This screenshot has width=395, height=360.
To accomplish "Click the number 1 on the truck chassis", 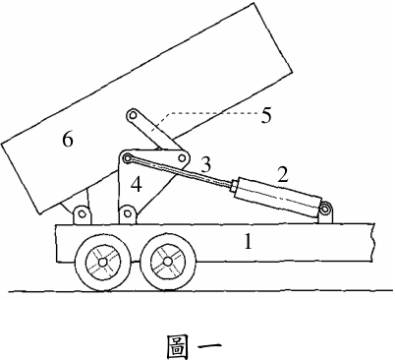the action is (x=248, y=242).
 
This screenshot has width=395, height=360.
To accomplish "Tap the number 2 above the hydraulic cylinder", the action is (x=283, y=174).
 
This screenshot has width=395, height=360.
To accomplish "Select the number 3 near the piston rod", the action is (x=205, y=164).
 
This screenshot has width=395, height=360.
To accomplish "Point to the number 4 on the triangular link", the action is (x=136, y=185).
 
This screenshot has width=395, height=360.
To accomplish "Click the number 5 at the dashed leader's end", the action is (x=266, y=115).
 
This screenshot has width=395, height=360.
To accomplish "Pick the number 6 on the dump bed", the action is (x=68, y=140).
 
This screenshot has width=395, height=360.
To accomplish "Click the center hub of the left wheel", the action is (x=102, y=263).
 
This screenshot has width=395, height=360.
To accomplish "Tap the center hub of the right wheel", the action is (x=168, y=262).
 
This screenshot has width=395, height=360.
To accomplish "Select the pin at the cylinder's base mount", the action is (x=325, y=210).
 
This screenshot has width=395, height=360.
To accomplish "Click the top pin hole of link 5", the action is (x=133, y=115).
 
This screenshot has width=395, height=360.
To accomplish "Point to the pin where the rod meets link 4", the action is (x=127, y=158).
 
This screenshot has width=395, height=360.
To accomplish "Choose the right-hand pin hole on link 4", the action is (x=181, y=158).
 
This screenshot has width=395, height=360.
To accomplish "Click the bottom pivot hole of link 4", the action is (x=128, y=213).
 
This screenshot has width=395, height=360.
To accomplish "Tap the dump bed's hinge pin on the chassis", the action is (x=82, y=213).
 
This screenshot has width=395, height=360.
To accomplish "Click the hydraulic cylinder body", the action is (x=277, y=193).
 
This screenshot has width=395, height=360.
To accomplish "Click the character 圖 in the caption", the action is (x=178, y=347).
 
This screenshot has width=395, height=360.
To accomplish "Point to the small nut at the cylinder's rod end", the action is (x=233, y=187).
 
